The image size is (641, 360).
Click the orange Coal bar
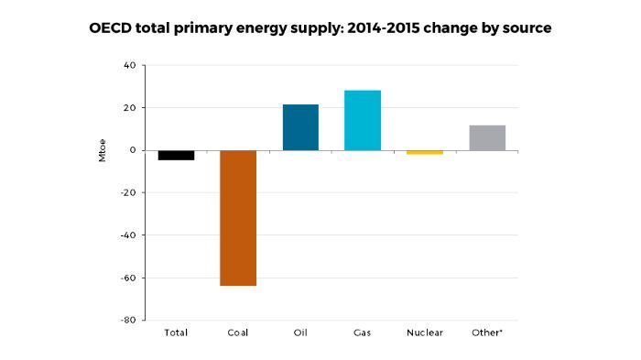pos(238,218)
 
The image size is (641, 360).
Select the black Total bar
pos(176,156)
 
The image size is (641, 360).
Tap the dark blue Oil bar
pos(300,127)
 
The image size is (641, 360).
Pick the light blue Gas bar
pos(363,120)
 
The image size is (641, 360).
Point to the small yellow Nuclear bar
pos(425,152)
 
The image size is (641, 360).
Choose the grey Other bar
pos(487,137)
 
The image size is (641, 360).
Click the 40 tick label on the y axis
pos(128,66)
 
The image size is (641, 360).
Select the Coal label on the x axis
pos(238,333)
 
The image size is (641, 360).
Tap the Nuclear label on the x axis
pos(425,333)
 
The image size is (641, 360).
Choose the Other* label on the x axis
pos(487,333)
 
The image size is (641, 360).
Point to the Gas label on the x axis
pos(363,333)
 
